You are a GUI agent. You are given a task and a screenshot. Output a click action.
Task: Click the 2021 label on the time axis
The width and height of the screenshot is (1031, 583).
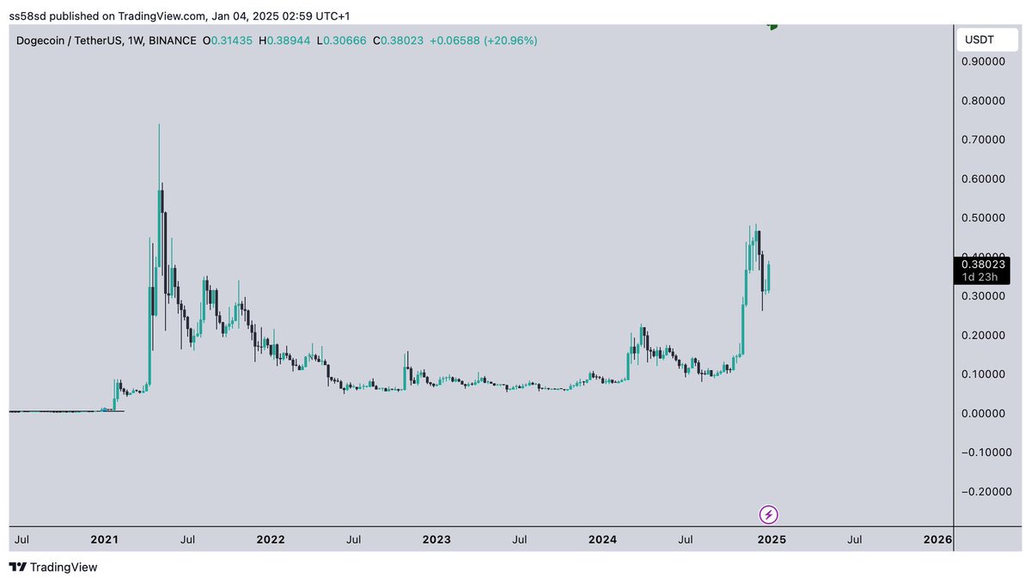click(x=104, y=539)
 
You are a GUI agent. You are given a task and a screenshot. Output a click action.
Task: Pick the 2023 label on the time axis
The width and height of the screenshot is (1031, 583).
click(x=436, y=539)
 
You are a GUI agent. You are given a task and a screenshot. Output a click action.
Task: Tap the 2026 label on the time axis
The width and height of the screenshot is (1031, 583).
click(x=937, y=539)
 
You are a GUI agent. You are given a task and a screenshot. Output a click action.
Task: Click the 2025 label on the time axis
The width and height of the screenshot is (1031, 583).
click(x=772, y=539)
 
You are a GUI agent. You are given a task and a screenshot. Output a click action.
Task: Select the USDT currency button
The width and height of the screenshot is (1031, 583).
click(x=979, y=39)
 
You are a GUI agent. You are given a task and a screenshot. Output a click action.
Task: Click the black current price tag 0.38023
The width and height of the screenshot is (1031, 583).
click(x=981, y=265)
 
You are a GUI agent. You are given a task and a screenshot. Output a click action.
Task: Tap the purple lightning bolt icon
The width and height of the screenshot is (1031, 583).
click(x=769, y=515)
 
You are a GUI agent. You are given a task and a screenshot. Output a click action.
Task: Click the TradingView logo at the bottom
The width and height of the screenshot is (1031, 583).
click(x=53, y=568)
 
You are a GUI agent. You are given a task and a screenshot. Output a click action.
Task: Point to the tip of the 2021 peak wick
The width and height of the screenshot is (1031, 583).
click(x=159, y=125)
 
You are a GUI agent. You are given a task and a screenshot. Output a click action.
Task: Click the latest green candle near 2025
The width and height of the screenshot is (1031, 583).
click(x=770, y=277)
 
